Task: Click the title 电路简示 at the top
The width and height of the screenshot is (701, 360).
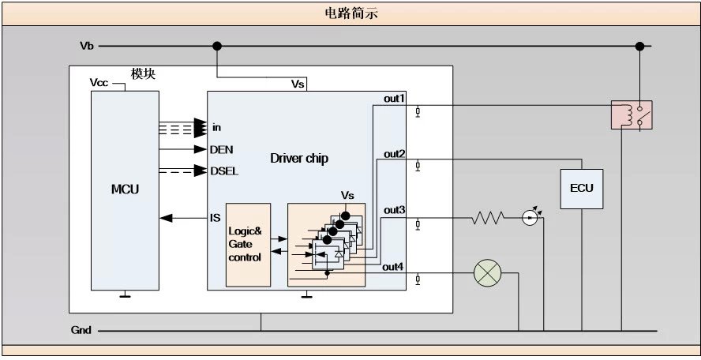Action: point(350,13)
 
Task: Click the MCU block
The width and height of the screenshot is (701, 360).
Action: point(124,189)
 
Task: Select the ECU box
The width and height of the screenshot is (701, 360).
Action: point(581,189)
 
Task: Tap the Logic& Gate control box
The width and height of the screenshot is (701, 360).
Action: point(248,245)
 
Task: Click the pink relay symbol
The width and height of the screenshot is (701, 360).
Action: point(631,114)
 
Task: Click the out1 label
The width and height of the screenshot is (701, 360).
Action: point(394,99)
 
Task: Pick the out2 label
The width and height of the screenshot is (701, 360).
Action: point(394,153)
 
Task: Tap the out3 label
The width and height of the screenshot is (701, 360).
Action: point(394,210)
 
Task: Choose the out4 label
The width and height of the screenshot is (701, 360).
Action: point(393,267)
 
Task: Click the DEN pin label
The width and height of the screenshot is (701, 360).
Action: point(222,148)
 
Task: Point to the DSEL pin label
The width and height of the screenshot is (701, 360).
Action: point(224,171)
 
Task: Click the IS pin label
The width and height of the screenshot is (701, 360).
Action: point(215,218)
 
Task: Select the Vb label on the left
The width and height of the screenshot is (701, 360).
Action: point(87,46)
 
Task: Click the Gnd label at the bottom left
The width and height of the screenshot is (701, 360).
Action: point(81,331)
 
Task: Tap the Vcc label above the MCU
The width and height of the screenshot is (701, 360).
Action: point(100,82)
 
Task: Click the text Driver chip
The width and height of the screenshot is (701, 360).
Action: point(299,159)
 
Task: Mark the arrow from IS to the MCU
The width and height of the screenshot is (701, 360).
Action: point(182,218)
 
